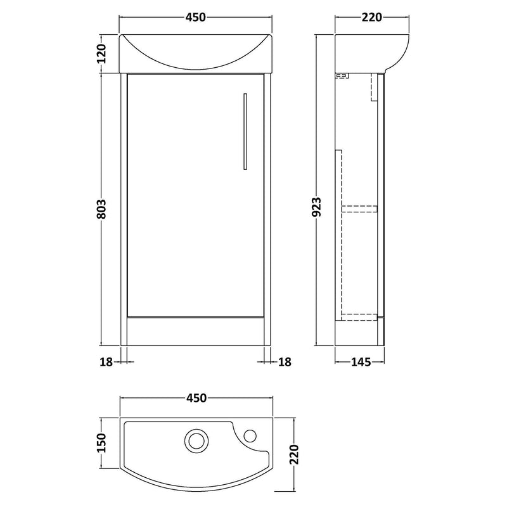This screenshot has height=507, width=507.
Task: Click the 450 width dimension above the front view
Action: [x=196, y=18]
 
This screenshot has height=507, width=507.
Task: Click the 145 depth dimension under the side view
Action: [x=359, y=362]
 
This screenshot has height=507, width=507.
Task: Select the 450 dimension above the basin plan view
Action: [x=196, y=398]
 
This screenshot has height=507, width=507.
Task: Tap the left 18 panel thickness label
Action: [x=106, y=362]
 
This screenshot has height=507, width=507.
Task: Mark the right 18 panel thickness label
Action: [x=285, y=362]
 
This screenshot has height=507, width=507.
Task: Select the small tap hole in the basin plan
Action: [x=250, y=435]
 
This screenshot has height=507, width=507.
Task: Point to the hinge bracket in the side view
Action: [x=342, y=77]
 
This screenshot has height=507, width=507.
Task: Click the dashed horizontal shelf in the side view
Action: [x=360, y=207]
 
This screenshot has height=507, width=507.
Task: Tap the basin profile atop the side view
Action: [x=364, y=51]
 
